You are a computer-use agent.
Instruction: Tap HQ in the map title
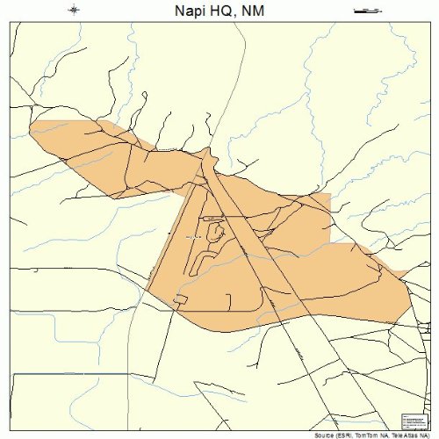click(217, 11)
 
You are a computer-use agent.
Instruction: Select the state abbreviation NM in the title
click(251, 11)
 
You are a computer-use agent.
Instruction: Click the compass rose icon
click(74, 10)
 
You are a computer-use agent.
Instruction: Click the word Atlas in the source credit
click(411, 434)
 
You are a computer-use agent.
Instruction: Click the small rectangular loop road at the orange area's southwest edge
click(181, 300)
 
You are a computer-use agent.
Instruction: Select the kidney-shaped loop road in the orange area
click(214, 233)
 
